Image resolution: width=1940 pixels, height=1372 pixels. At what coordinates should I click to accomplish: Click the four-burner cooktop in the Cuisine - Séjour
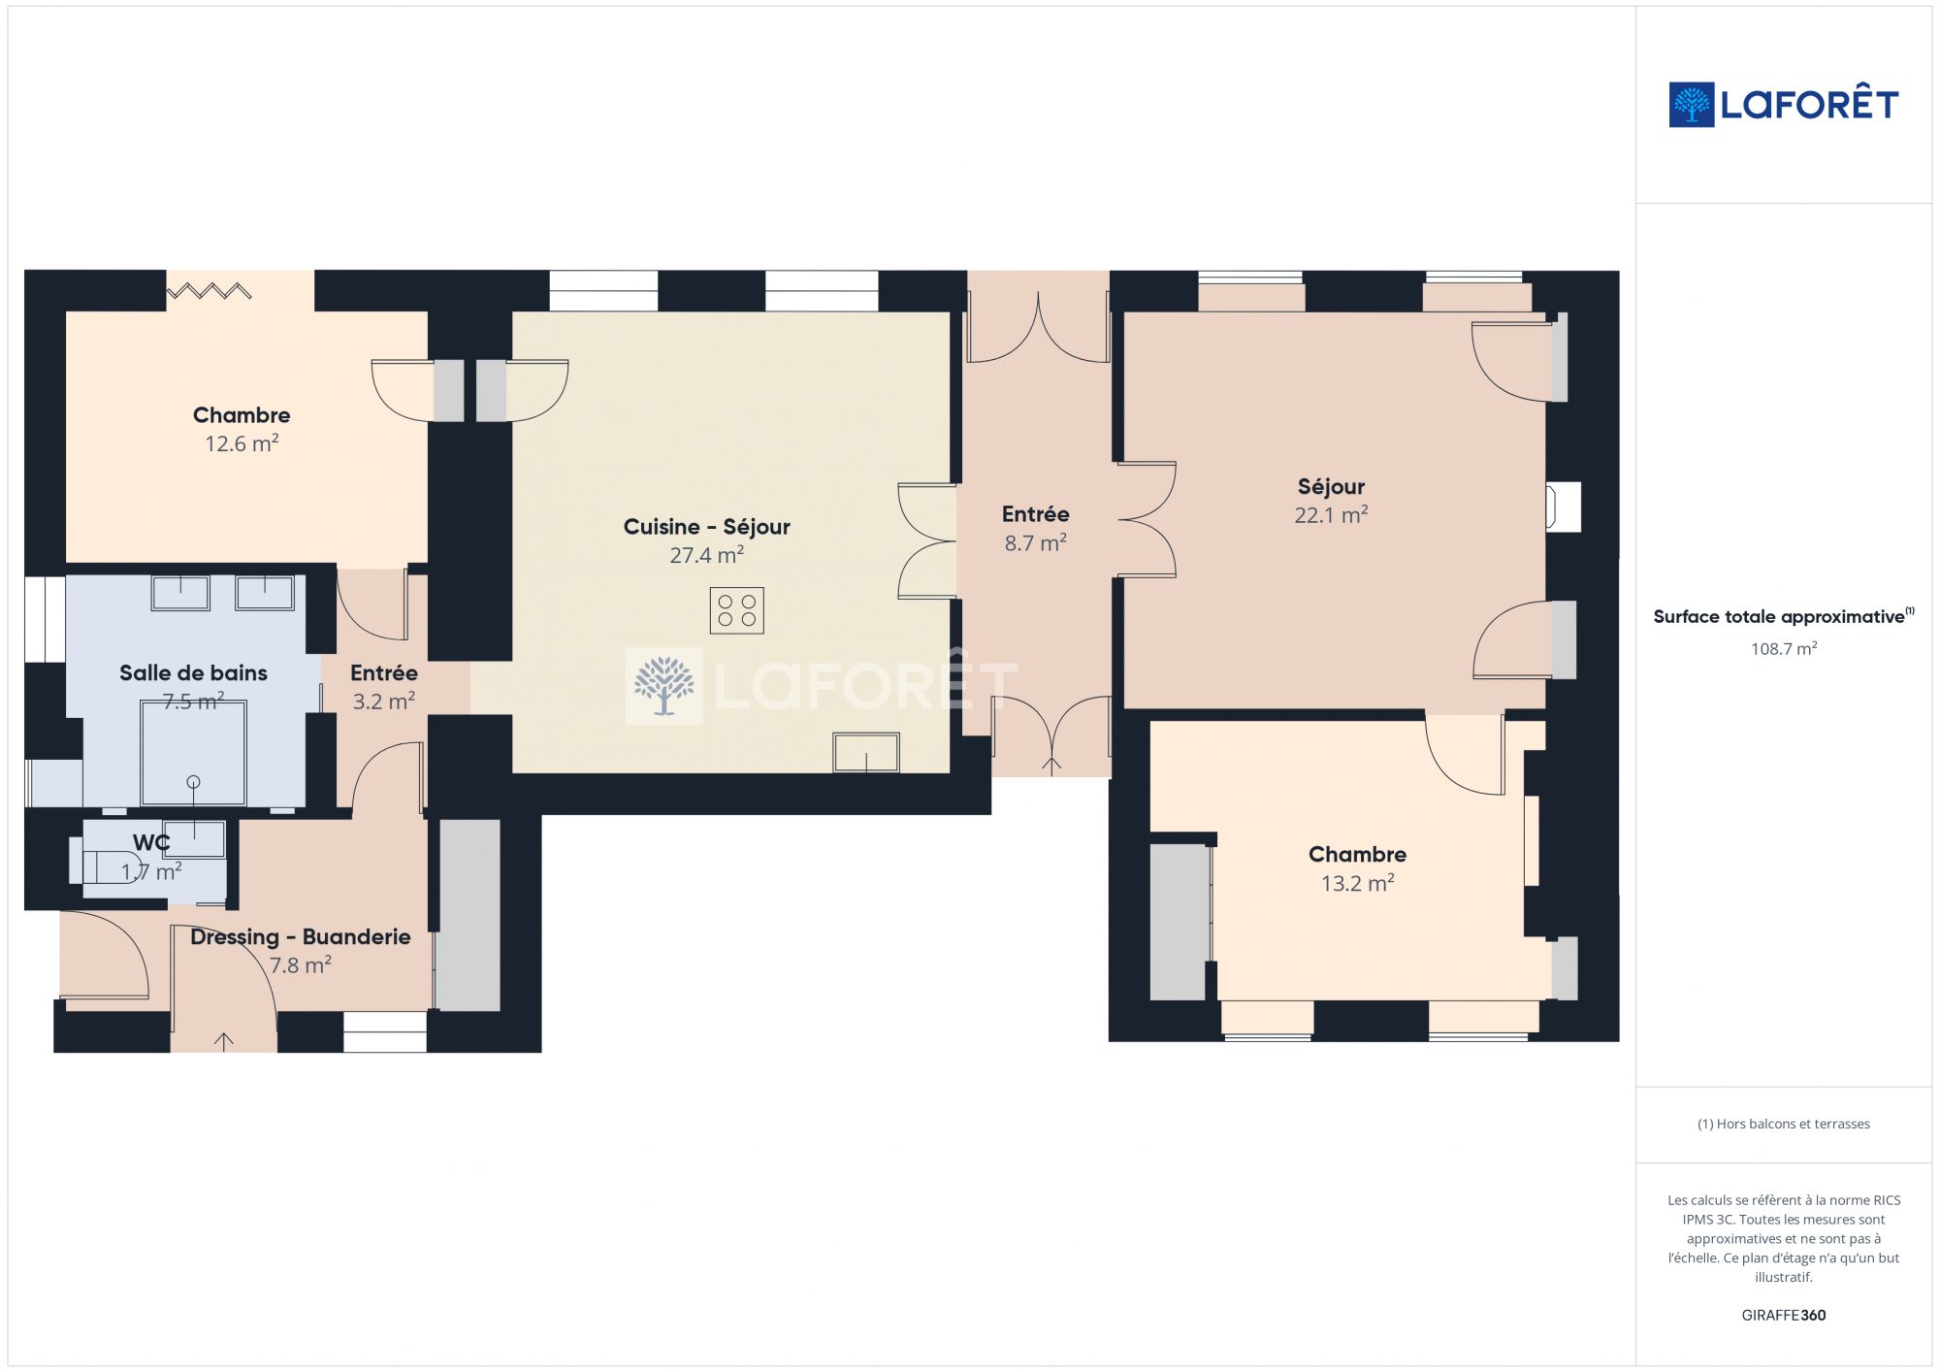(x=736, y=610)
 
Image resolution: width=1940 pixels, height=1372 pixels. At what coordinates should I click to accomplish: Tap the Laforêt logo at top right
(x=1783, y=104)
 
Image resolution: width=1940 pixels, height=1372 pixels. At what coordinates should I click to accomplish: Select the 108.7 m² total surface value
(x=1783, y=648)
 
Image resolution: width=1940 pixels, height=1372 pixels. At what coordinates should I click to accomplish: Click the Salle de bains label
(x=193, y=672)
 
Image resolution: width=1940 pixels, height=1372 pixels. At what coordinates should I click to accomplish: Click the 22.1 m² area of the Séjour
(x=1331, y=514)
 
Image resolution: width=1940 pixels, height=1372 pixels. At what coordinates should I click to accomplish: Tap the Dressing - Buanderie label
(x=300, y=936)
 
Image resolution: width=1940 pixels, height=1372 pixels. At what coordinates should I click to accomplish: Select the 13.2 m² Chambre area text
(x=1357, y=883)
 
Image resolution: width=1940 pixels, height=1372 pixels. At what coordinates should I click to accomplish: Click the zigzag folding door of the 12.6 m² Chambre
(x=210, y=290)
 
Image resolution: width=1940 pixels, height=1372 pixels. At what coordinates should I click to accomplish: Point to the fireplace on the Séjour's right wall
(x=1563, y=506)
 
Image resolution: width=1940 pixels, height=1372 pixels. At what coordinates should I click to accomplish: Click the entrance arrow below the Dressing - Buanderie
(x=224, y=1042)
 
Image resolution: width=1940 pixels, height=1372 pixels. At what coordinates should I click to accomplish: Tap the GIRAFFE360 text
(x=1783, y=1315)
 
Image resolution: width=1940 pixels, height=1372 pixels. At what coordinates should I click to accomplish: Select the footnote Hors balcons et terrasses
(x=1783, y=1124)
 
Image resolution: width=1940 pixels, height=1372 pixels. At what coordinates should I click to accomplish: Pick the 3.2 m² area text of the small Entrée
(x=383, y=701)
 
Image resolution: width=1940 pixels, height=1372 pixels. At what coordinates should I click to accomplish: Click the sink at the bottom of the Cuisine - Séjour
(x=866, y=753)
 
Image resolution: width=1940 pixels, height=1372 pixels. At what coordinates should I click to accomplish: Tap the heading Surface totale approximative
(x=1779, y=616)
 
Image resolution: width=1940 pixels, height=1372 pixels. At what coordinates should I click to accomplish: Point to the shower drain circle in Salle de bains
(x=193, y=782)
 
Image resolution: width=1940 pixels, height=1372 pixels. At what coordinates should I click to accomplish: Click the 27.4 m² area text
(x=706, y=555)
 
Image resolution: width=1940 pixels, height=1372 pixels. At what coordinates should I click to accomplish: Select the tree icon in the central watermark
(x=663, y=685)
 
